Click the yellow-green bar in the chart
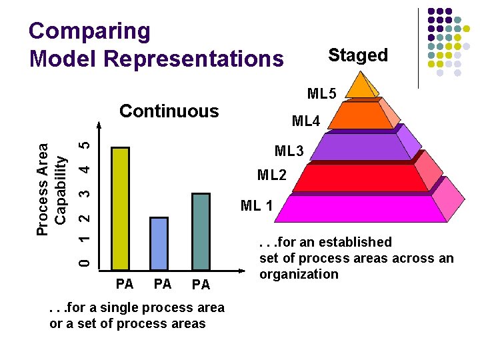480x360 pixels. (x=121, y=207)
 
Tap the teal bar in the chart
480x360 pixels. (x=201, y=229)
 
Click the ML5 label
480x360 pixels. (x=322, y=92)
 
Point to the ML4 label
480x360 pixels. (x=306, y=121)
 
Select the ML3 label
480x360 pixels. (x=289, y=151)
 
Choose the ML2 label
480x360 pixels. (x=272, y=176)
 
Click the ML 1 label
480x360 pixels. (x=257, y=205)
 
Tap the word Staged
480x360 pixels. (x=358, y=55)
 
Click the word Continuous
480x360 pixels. (x=169, y=111)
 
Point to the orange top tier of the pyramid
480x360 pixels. (x=360, y=87)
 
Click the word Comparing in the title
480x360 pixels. (x=90, y=31)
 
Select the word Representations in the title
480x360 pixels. (x=194, y=59)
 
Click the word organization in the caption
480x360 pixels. (x=299, y=274)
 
